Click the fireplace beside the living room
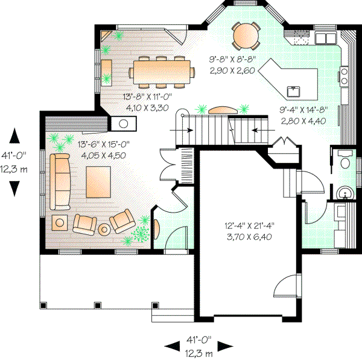123,123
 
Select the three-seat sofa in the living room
59,180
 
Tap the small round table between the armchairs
104,230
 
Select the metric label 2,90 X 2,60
233,71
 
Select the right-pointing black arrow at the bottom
225,346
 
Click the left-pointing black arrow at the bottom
172,346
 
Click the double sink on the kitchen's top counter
326,38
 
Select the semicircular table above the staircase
223,109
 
